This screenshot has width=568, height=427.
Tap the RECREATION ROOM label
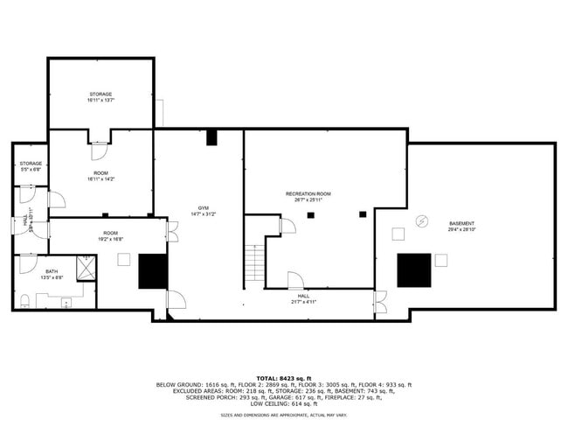coord(308,196)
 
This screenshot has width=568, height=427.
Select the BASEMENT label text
coord(461,226)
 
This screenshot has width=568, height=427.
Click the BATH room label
coord(52,274)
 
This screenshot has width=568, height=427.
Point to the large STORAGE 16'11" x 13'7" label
coord(100,96)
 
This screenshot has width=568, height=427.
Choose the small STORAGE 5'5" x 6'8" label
coord(31,166)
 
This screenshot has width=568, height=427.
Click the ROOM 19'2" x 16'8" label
coord(110,235)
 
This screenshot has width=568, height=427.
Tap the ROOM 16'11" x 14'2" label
coord(100,176)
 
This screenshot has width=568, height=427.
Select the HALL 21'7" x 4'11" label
coord(303,298)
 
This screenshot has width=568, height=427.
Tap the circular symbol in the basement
coord(421,221)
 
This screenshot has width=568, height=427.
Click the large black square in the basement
coord(413,270)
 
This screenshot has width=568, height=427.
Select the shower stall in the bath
coord(86,268)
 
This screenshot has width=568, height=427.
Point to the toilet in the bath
coord(24,301)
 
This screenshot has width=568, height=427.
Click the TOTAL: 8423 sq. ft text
coord(283,378)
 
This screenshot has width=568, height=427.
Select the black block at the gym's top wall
coord(211,137)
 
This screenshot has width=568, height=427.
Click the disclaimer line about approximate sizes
coord(283,416)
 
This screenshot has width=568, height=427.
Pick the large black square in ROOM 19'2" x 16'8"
coord(153,271)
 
